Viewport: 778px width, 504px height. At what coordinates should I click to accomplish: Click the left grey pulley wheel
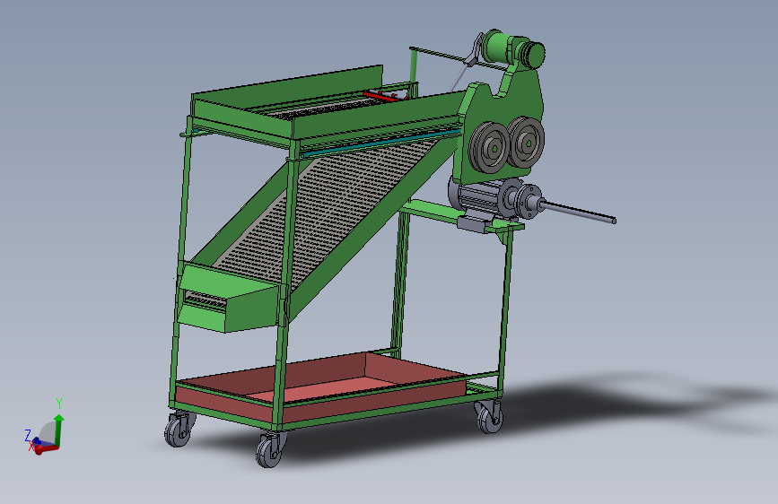point(489,147)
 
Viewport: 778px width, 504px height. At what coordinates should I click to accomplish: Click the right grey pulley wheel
point(526,142)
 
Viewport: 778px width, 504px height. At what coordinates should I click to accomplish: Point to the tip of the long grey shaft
point(614,221)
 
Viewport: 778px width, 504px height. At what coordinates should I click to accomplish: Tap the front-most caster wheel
point(269,450)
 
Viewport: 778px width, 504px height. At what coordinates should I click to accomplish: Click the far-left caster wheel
point(179,430)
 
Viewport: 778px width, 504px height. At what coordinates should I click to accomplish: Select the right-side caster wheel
point(489,417)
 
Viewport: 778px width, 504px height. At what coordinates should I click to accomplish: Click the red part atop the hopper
point(383,95)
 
